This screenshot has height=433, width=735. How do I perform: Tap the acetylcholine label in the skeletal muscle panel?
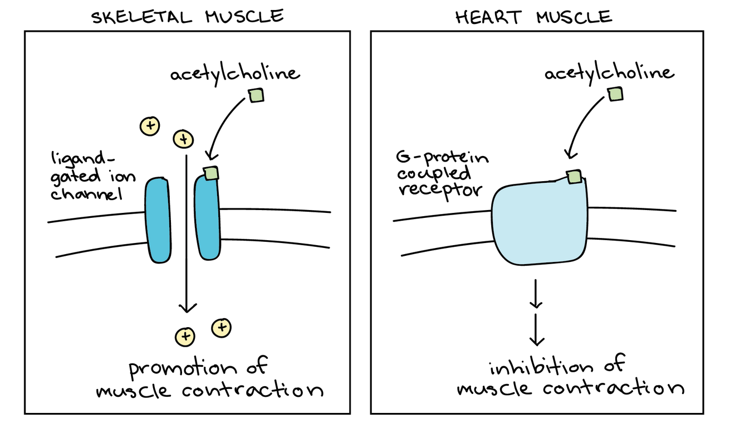click(x=234, y=74)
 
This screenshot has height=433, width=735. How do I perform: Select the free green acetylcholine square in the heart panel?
click(x=616, y=94)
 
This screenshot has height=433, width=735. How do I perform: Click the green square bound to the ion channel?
click(x=211, y=173)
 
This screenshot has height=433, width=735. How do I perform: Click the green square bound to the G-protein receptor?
click(x=574, y=177)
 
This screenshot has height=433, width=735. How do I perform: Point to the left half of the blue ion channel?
click(x=157, y=220)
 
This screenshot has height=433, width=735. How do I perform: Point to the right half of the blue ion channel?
click(x=207, y=220)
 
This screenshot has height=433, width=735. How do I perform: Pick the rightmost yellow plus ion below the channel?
click(x=222, y=327)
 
